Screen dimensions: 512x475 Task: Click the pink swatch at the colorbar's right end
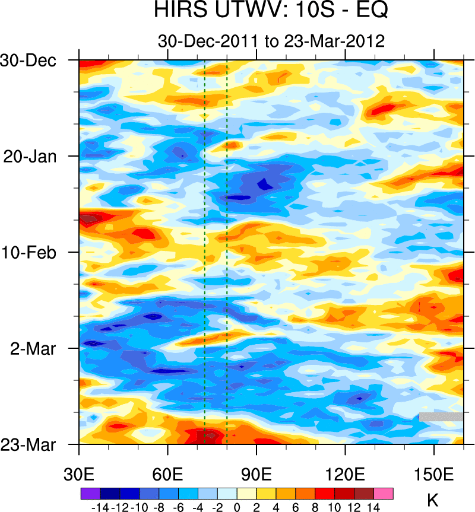[x=384, y=493]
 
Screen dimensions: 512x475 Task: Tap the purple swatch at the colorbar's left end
[x=90, y=493]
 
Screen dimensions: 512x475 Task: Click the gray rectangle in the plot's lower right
[x=441, y=416]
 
